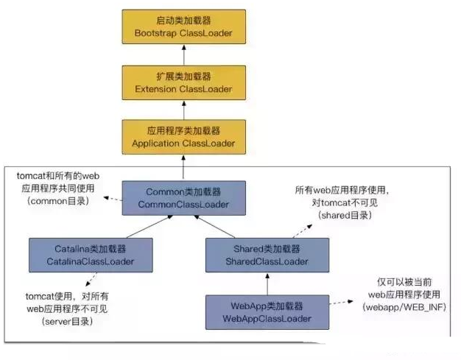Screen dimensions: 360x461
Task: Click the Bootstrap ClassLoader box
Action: (x=183, y=27)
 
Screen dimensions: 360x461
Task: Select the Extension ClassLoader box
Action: (x=183, y=82)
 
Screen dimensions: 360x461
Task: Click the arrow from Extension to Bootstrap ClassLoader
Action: (x=183, y=54)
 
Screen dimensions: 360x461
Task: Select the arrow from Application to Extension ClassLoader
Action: (x=183, y=109)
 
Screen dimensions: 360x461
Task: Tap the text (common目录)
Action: (x=59, y=200)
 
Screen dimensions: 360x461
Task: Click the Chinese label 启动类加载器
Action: (x=183, y=21)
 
